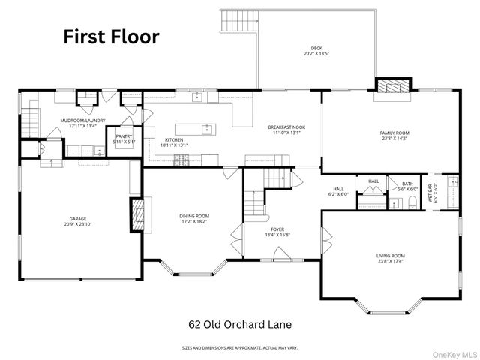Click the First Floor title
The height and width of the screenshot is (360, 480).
tap(110, 37)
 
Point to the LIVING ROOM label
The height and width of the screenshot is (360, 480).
tap(390, 259)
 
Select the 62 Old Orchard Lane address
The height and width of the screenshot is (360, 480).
tap(239, 325)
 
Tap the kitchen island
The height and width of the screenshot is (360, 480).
tap(195, 129)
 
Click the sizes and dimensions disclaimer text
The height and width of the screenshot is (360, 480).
tap(239, 348)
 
